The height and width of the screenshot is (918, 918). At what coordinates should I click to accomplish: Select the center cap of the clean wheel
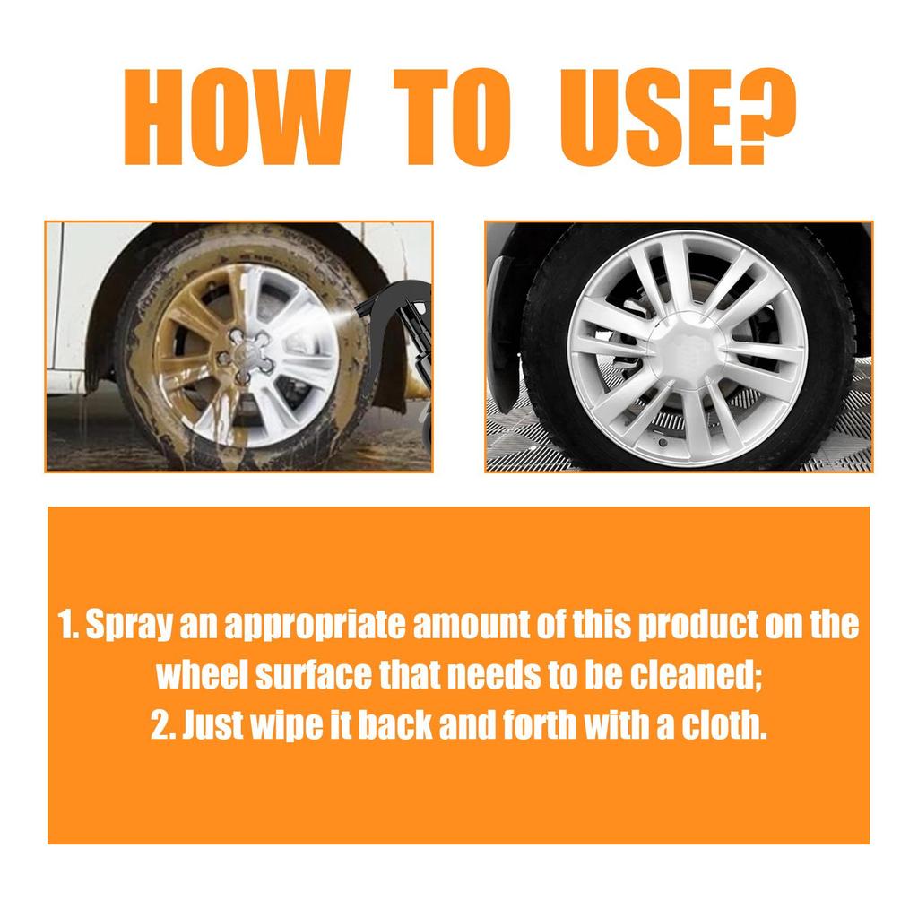coord(688,347)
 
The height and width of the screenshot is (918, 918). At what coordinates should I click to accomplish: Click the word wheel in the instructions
coord(201,675)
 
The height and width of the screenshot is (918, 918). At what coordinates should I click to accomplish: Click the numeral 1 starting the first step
coord(65,626)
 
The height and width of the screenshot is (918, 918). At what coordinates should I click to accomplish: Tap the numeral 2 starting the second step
coord(160,724)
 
